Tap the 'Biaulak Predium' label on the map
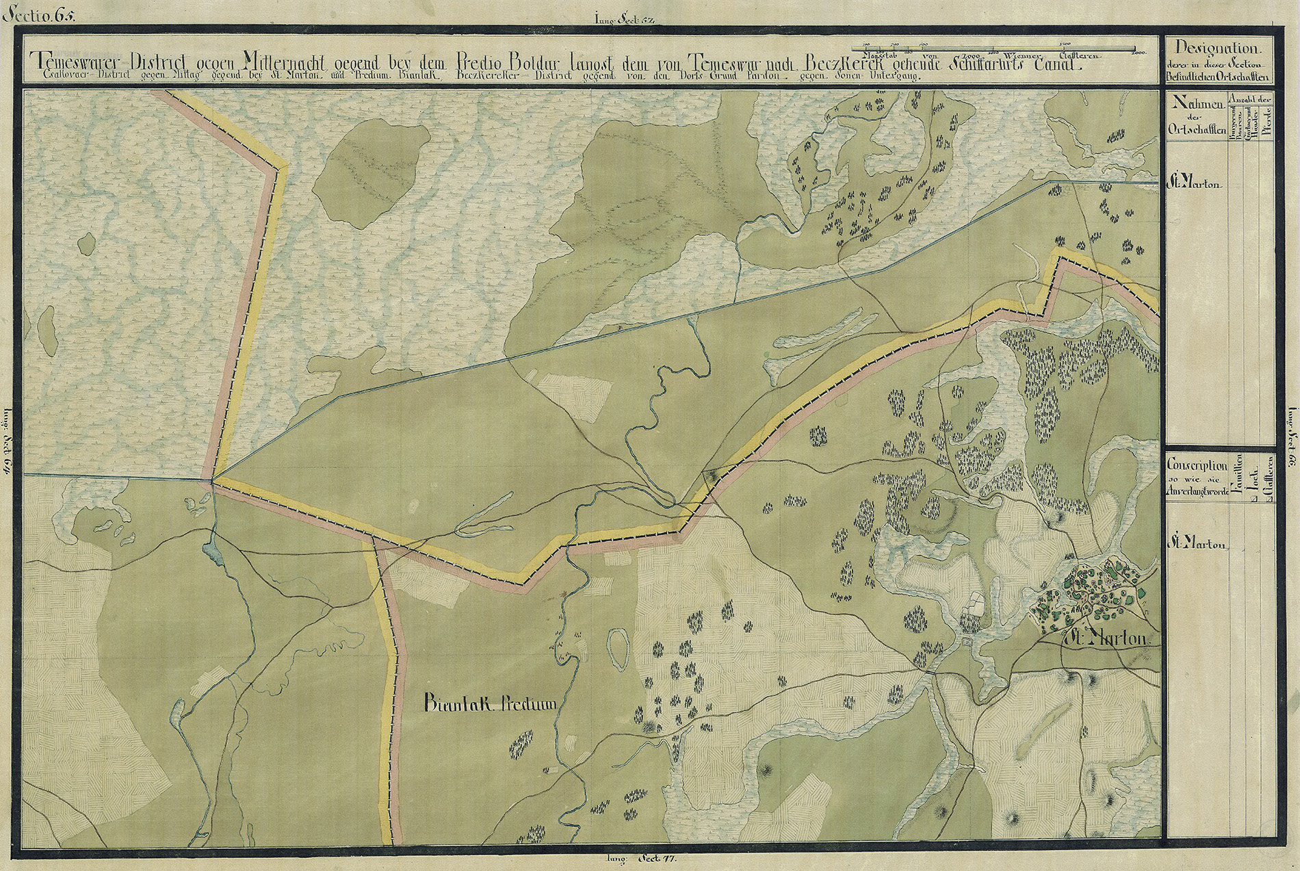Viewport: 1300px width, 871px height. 491,703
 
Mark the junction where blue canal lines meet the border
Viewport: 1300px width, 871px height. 213,459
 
